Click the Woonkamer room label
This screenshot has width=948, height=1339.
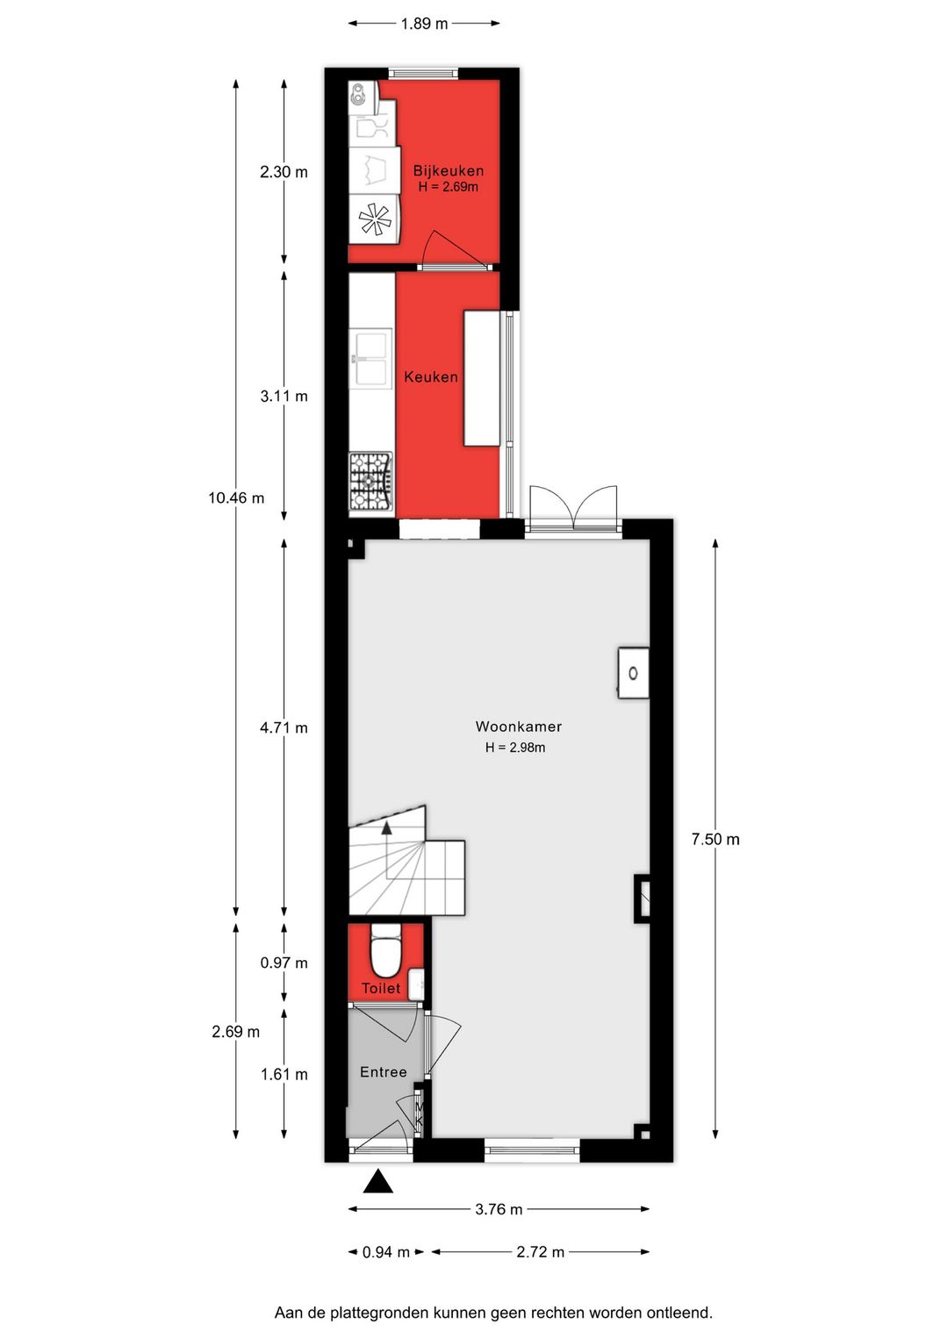point(518,727)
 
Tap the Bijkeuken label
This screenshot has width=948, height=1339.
point(448,171)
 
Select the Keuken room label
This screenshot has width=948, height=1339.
point(431,377)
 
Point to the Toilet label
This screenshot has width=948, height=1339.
point(381,988)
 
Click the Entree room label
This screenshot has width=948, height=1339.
point(384,1072)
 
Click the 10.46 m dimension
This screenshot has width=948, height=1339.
point(236,498)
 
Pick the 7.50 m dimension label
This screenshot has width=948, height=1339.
point(715,840)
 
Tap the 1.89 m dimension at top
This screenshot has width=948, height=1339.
point(424,24)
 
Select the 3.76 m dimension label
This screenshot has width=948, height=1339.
point(499,1210)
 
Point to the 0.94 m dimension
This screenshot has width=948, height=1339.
point(386,1252)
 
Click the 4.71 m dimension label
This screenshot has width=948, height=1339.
point(284,727)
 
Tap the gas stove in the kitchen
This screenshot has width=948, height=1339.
point(371,482)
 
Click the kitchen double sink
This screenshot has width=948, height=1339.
point(370,358)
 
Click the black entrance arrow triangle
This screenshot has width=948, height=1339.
point(378,1182)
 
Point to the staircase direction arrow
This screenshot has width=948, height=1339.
point(386,828)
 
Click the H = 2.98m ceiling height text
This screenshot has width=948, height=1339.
point(515,748)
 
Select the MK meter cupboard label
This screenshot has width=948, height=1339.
point(419,1114)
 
